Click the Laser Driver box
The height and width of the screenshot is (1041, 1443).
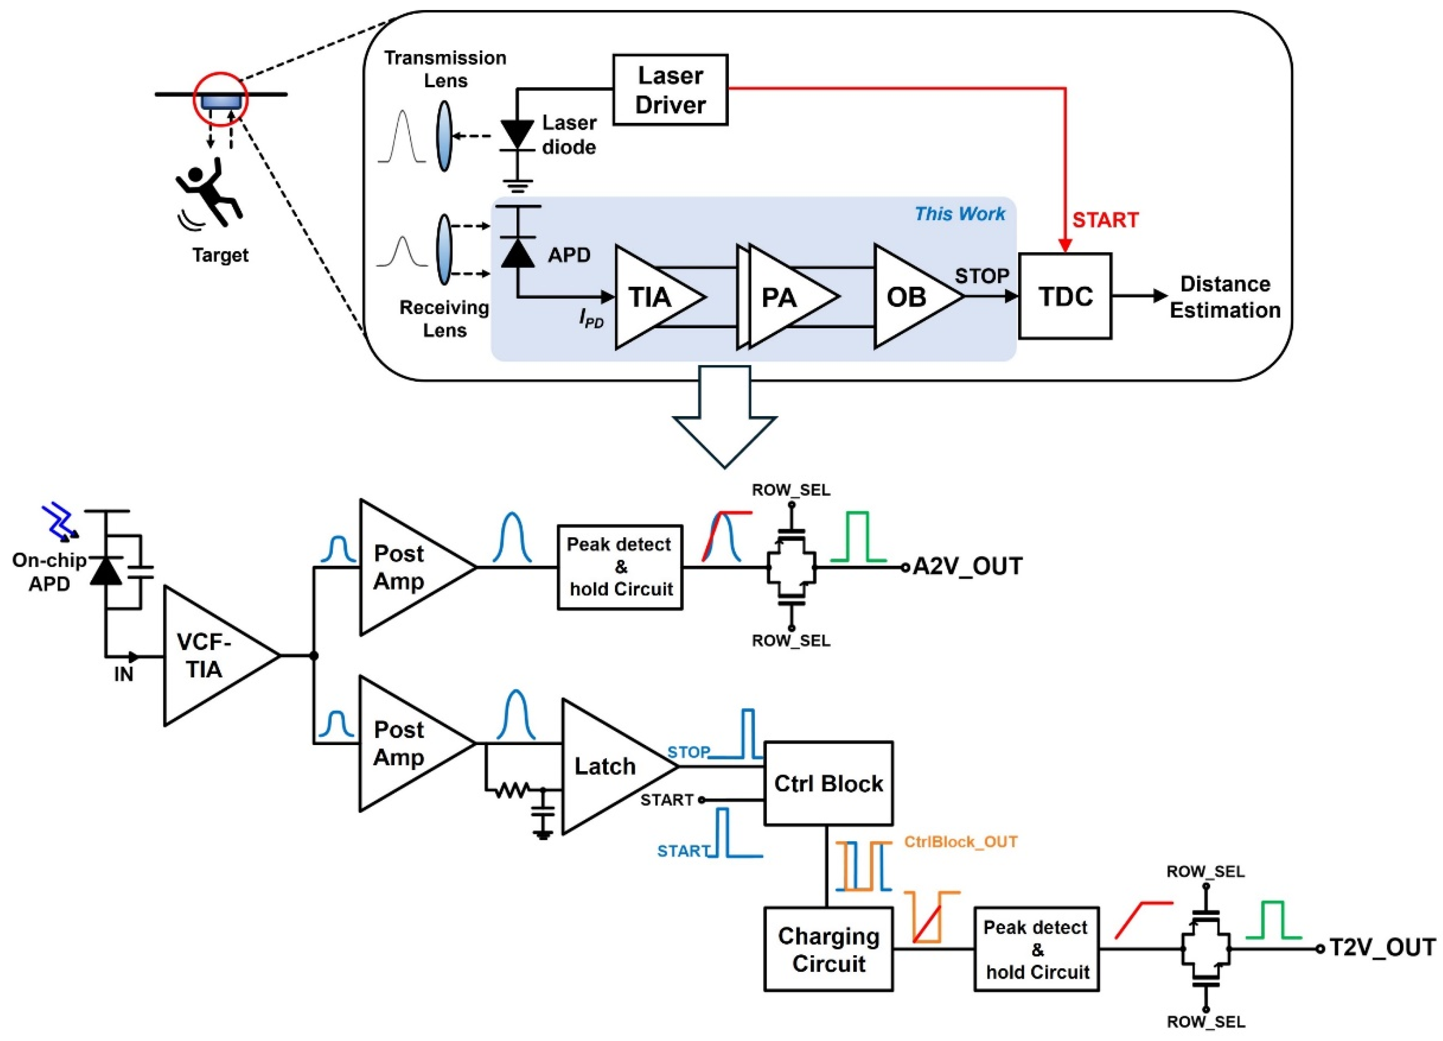coord(670,90)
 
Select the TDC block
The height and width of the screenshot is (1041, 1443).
coord(1065,296)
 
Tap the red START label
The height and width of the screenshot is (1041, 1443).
coord(1105,220)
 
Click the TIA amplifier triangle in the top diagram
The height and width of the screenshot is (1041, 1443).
coord(652,297)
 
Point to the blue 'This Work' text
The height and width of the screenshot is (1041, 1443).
coord(960,214)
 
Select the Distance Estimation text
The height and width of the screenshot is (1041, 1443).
coord(1225,297)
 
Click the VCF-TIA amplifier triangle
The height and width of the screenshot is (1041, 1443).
coord(210,655)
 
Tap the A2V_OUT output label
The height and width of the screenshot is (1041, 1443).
coord(967,566)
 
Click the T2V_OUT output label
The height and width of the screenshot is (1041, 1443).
coord(1382,948)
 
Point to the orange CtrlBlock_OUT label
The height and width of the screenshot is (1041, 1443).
coord(961,842)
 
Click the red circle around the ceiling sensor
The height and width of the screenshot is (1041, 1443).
coord(221,99)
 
